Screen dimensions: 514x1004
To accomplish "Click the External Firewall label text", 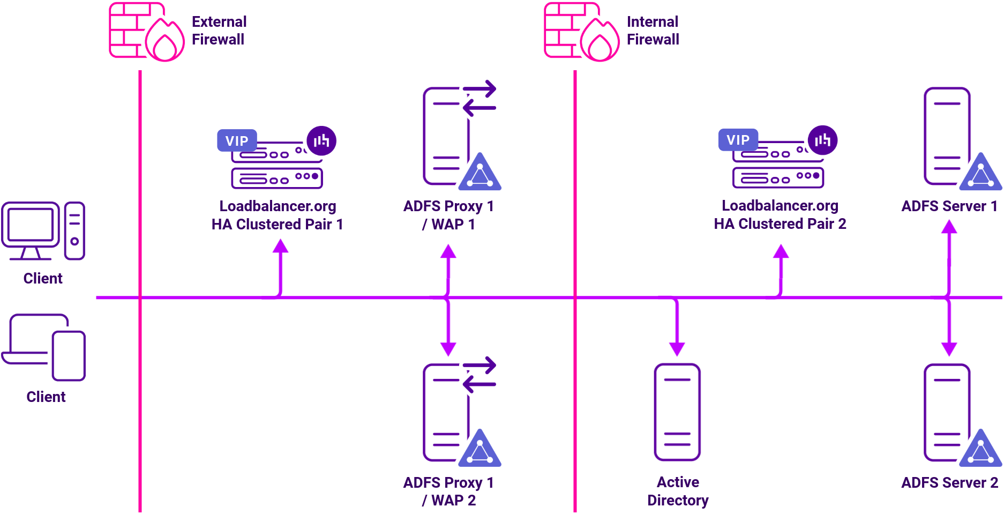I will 219,31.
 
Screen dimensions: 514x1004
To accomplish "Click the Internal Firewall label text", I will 653,31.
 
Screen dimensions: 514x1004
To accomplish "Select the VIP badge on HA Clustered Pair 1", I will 237,141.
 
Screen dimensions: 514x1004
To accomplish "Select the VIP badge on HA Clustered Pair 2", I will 738,140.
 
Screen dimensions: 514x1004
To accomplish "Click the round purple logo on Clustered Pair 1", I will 321,141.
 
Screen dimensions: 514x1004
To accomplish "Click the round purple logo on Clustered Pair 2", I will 822,140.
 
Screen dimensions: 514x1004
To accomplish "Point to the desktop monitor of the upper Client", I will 31,225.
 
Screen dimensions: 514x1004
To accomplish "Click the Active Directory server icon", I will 677,412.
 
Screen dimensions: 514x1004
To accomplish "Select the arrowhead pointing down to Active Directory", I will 677,349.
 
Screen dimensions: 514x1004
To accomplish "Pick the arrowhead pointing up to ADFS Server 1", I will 949,227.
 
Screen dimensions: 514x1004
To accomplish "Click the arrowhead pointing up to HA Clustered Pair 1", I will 281,247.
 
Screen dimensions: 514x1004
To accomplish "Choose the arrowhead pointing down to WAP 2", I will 448,349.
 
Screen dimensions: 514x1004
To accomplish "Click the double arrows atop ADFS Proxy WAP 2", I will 479,375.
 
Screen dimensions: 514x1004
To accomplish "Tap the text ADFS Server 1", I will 949,206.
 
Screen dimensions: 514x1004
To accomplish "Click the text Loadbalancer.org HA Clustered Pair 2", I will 780,214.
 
